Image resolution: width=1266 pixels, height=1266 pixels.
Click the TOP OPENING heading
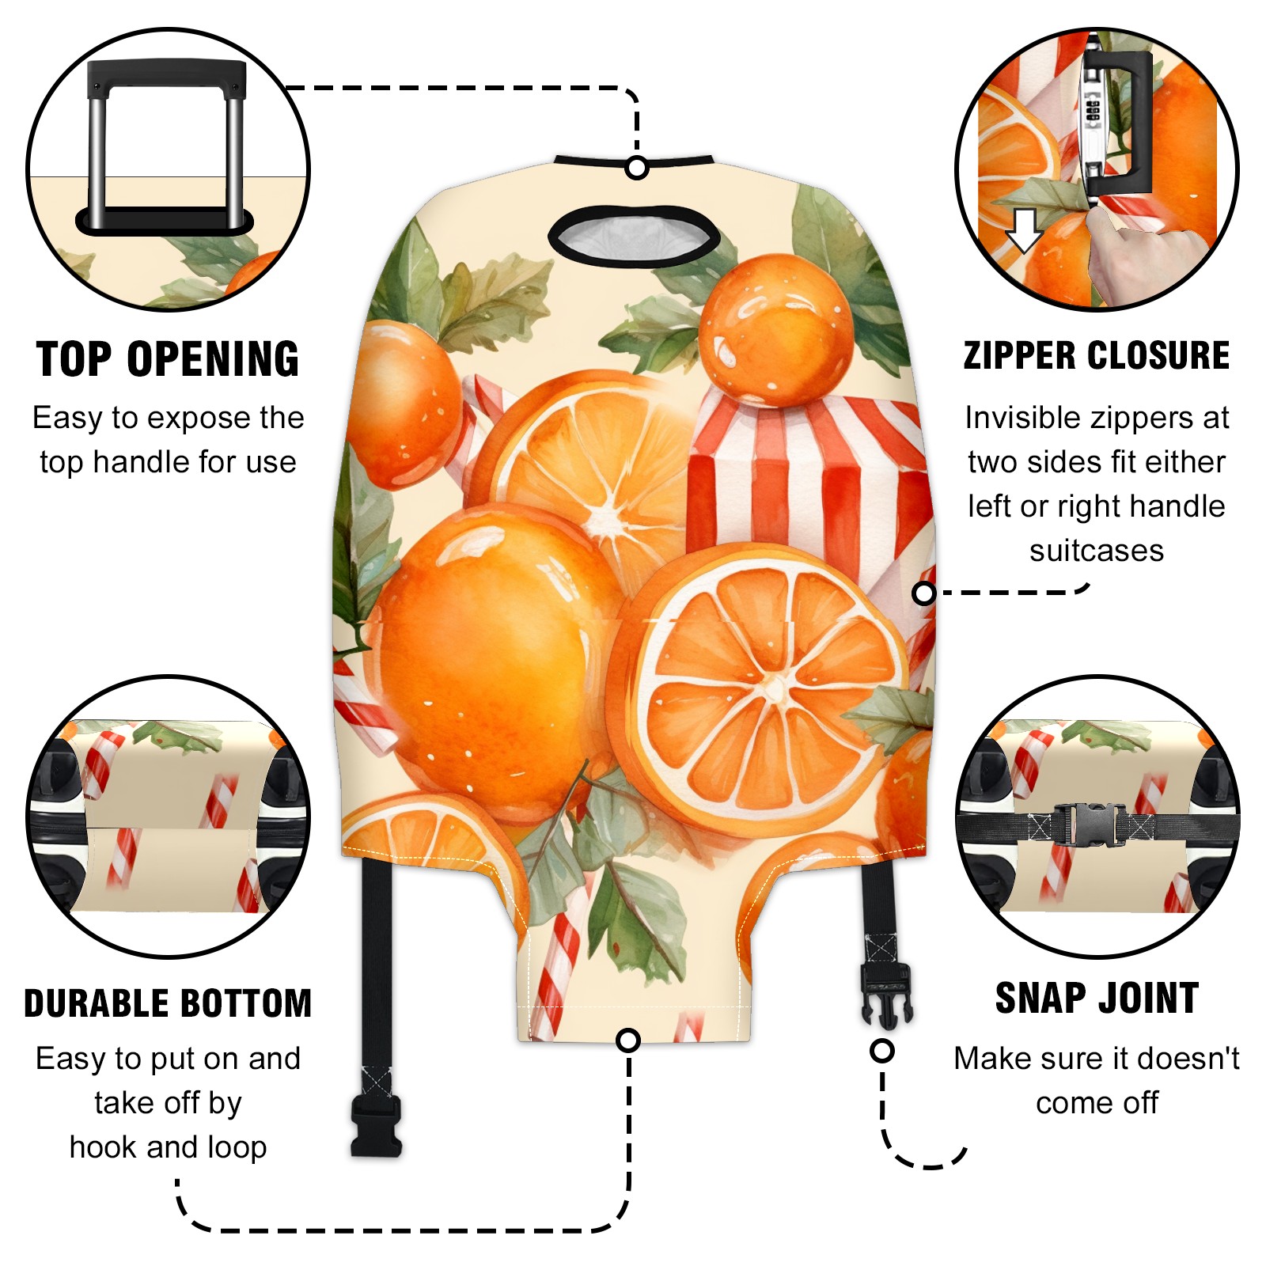coord(168,359)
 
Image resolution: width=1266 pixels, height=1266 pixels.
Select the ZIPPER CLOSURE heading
coord(1097,355)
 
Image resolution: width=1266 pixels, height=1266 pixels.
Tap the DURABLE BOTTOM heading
coord(168,1003)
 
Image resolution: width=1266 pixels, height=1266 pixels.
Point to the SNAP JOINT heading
coord(1097,998)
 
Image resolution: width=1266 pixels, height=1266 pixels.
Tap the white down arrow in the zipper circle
coord(1024,230)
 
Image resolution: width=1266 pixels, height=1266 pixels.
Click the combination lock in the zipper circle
coord(1092,119)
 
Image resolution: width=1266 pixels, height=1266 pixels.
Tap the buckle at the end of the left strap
coord(377,1128)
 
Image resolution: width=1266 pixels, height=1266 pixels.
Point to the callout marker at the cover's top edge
coord(637,168)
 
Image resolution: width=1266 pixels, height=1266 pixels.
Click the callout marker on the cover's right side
coord(923,593)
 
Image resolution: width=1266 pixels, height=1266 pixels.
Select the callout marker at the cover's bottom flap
coord(628,1040)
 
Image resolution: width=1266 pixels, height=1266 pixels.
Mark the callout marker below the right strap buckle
coord(882,1051)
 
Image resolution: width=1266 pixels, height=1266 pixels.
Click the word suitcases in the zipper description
coord(1097,551)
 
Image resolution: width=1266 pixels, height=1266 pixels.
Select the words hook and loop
coord(168,1147)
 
